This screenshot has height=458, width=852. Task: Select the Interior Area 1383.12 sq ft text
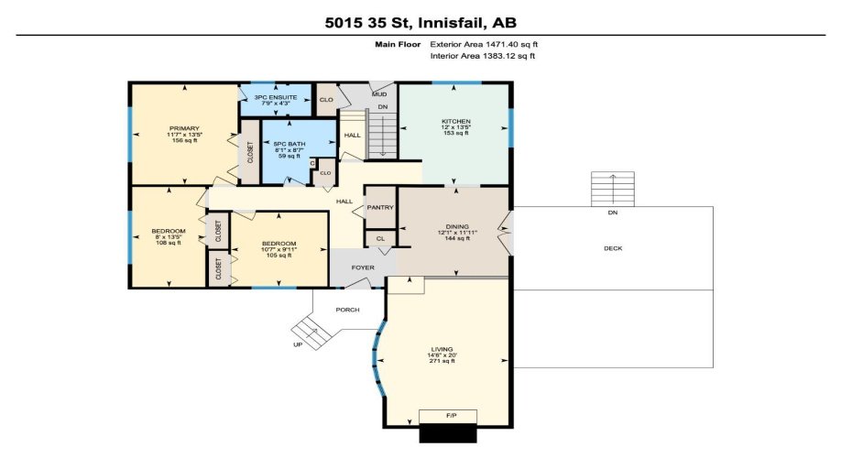[483, 56]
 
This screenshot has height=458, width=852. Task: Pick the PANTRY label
[380, 208]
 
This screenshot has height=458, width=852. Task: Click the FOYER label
[350, 268]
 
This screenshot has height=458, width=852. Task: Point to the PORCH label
[347, 310]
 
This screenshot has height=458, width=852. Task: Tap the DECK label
[613, 248]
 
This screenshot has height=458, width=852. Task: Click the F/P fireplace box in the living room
[448, 417]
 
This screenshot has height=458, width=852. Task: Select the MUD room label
[378, 93]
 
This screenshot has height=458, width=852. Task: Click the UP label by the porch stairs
[298, 345]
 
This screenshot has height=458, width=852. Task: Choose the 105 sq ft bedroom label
[278, 249]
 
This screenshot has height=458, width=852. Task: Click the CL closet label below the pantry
[379, 239]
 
